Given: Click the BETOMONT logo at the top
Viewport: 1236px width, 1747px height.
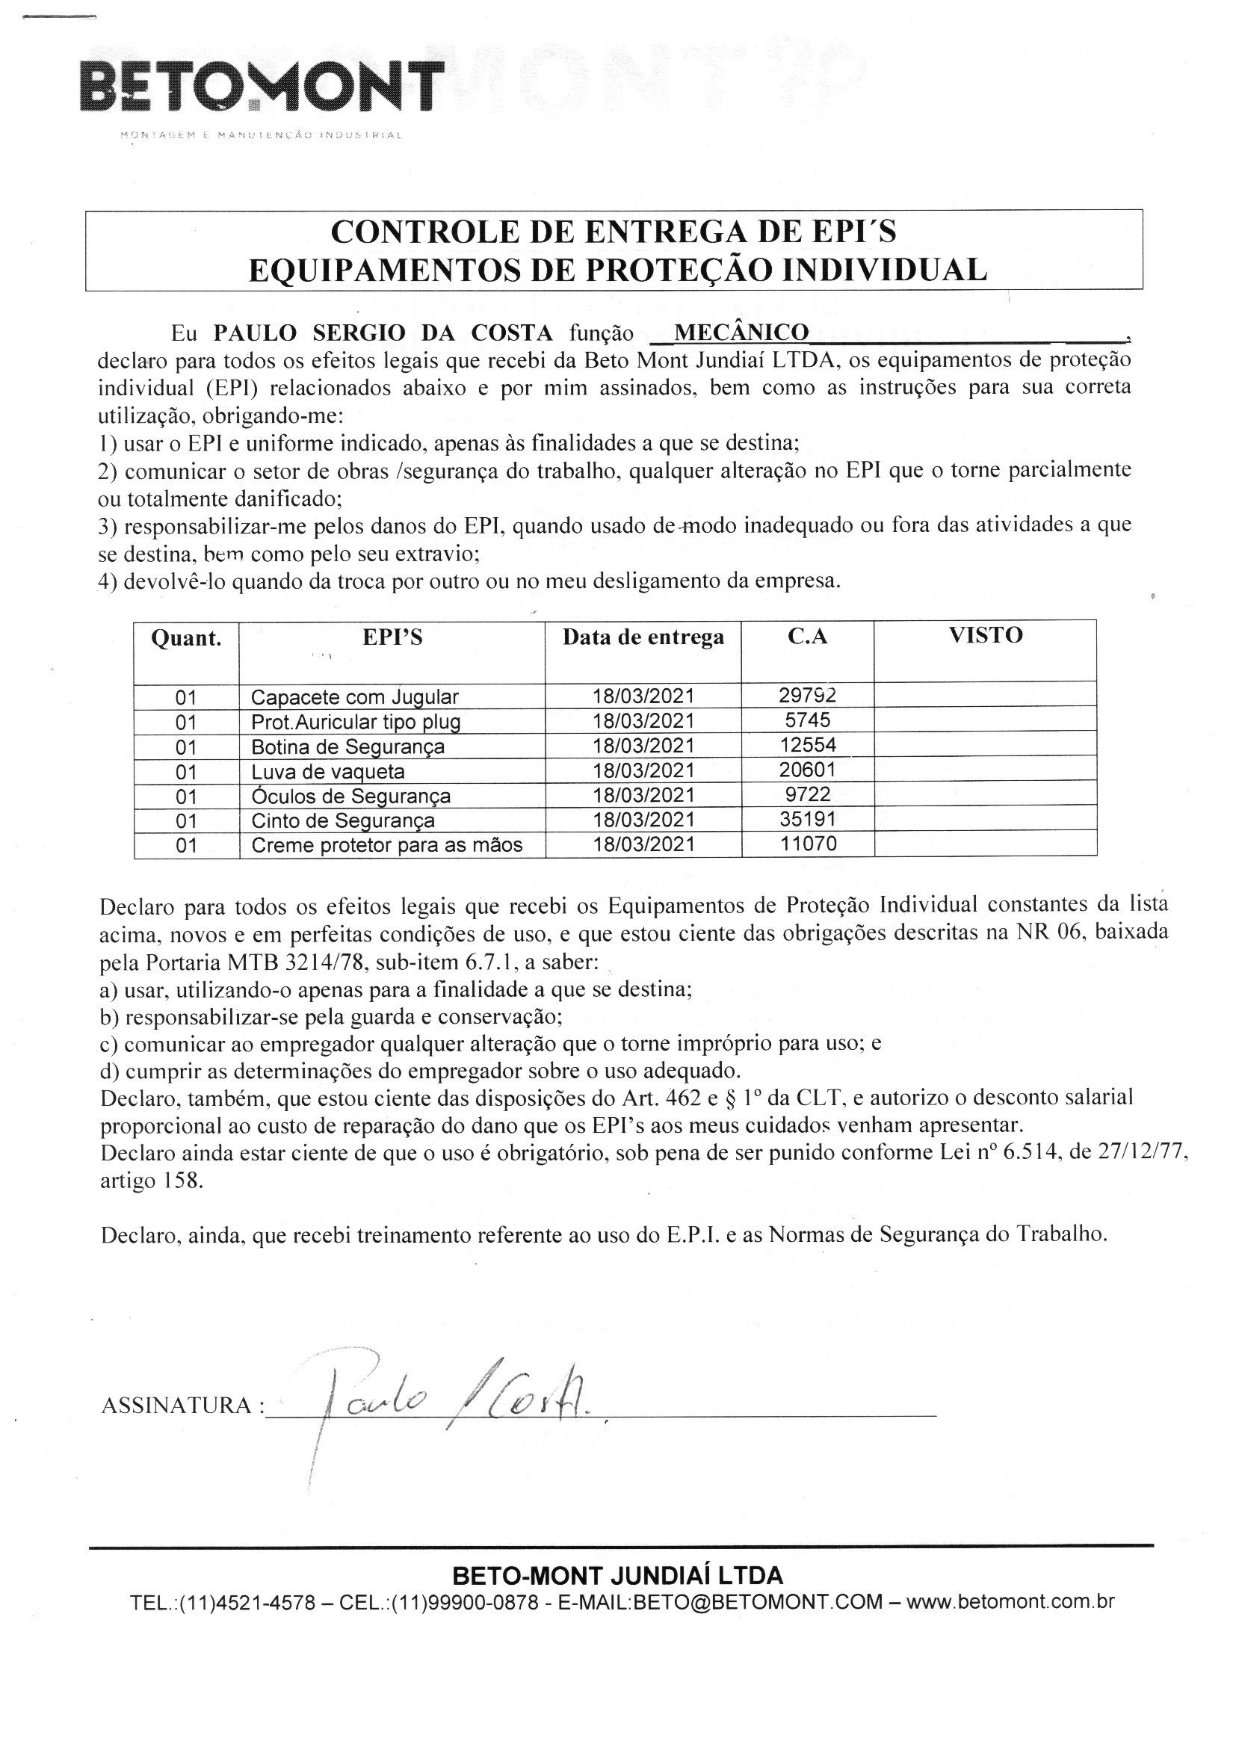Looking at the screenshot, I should click(x=261, y=90).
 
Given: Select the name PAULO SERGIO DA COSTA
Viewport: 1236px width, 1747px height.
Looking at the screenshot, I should click(x=383, y=333).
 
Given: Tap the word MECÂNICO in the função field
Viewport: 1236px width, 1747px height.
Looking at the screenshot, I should click(x=741, y=333).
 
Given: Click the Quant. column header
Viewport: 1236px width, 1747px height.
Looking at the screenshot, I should click(x=187, y=638).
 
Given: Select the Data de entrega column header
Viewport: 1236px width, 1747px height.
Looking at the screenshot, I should click(x=643, y=637).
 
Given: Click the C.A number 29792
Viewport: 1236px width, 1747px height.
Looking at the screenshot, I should click(x=808, y=695).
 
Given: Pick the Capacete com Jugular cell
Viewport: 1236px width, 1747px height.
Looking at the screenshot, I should click(x=355, y=697).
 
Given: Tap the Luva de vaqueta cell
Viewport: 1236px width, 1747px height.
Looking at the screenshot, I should click(x=328, y=772).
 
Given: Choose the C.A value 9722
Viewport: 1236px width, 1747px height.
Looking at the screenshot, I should click(x=808, y=794).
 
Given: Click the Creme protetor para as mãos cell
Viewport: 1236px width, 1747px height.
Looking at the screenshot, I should click(x=386, y=845).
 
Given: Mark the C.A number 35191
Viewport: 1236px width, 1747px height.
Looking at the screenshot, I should click(x=808, y=819).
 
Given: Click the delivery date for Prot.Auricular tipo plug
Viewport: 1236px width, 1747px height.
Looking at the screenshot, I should click(x=643, y=720).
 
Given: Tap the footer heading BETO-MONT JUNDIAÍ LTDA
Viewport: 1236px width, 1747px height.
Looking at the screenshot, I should click(x=617, y=1575).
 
